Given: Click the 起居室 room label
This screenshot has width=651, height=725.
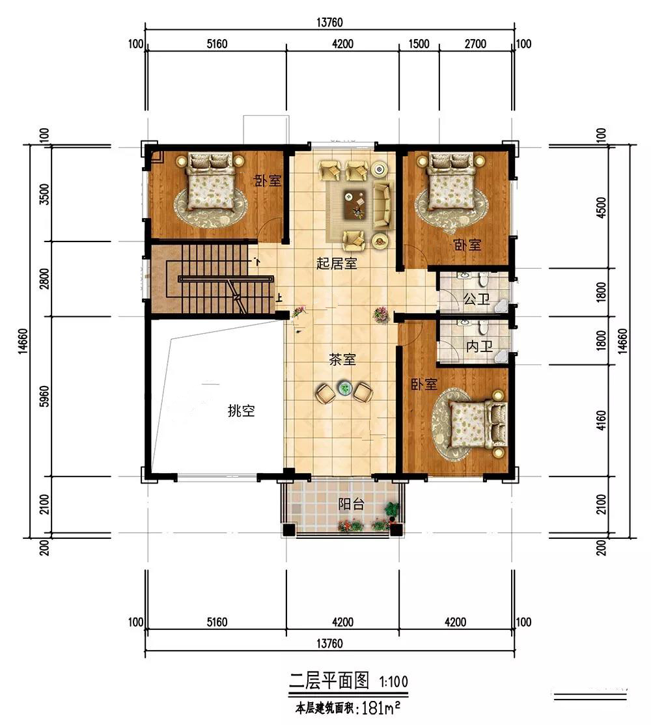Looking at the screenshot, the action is [x=337, y=263].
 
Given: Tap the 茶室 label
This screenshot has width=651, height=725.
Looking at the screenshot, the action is [x=342, y=359].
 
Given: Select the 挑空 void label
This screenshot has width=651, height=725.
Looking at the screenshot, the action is [x=242, y=411].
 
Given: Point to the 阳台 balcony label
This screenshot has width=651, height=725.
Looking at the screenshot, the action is [x=352, y=504].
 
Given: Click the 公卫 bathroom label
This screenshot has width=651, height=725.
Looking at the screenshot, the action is [x=477, y=299].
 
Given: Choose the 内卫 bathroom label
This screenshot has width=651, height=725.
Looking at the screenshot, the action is [x=479, y=346].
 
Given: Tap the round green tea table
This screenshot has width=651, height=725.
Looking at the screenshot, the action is [x=344, y=389].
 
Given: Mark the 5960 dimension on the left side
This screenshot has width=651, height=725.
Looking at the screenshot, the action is [x=44, y=396].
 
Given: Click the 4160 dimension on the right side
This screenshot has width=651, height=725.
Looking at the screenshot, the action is [x=601, y=420].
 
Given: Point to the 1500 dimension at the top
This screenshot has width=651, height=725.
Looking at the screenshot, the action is [x=419, y=44].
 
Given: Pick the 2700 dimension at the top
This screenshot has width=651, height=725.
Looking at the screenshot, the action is [x=475, y=44].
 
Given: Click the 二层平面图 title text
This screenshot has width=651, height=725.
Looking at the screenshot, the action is [x=329, y=681].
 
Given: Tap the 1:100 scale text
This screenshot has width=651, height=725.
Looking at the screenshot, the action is [x=393, y=681].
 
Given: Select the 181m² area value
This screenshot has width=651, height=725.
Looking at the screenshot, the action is [x=381, y=708].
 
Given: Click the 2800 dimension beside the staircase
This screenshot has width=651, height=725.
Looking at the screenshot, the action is [x=44, y=279].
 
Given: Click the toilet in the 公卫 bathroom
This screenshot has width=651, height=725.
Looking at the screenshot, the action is [x=483, y=279].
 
